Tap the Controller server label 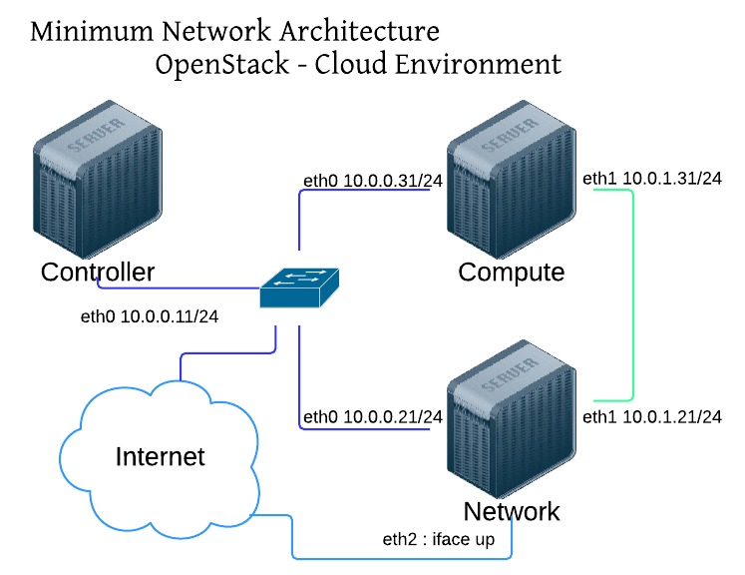click(x=98, y=272)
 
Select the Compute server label click(x=512, y=273)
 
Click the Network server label click(x=512, y=512)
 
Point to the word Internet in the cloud click(x=161, y=457)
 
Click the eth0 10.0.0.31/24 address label click(x=372, y=181)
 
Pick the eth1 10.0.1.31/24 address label click(x=652, y=179)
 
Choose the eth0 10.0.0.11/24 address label click(x=150, y=317)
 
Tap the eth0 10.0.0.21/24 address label click(x=372, y=415)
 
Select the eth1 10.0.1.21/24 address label click(x=652, y=415)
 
